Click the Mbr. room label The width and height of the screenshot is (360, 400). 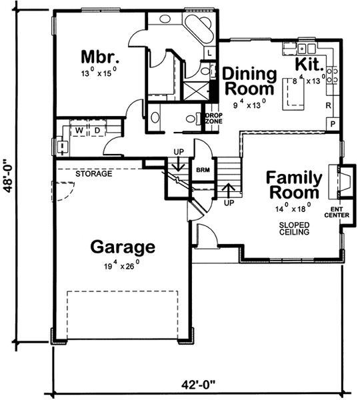(x=100, y=57)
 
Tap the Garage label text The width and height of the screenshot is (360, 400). (x=123, y=247)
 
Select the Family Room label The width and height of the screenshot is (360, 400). (x=294, y=185)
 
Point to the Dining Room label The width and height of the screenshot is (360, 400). (x=249, y=81)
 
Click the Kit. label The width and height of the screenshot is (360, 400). (x=309, y=64)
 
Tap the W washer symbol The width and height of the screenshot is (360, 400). (x=79, y=131)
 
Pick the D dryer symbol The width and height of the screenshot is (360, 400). (x=97, y=131)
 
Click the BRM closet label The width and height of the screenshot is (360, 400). (x=203, y=169)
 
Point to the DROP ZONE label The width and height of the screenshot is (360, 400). (x=214, y=119)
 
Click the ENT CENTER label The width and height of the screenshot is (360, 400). (x=337, y=212)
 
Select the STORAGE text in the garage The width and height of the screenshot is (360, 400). (x=93, y=174)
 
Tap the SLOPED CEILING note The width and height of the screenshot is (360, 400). (x=294, y=229)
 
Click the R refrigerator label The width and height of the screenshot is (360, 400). (x=329, y=105)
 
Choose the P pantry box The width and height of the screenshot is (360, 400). (x=333, y=124)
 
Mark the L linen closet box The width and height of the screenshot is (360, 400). (x=209, y=53)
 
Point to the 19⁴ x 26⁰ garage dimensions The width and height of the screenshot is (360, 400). (x=122, y=265)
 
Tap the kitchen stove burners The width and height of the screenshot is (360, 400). (x=332, y=75)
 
